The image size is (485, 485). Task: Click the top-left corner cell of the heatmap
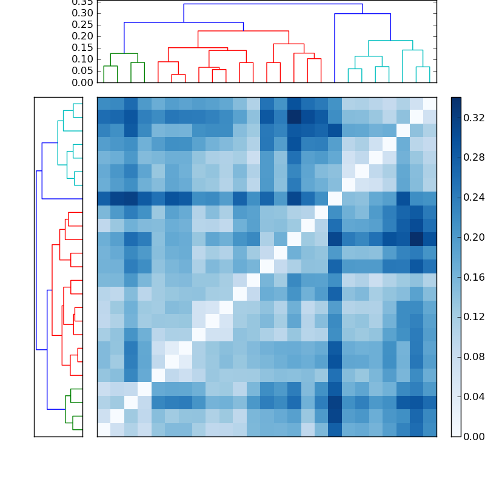(x=104, y=103)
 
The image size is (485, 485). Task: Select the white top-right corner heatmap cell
(x=430, y=103)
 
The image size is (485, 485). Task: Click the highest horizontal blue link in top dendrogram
(x=273, y=4)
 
